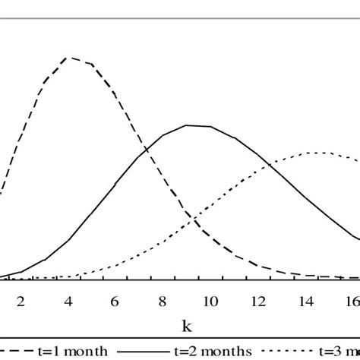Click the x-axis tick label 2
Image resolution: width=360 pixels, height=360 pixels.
(21, 299)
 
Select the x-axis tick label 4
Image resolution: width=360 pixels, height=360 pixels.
(68, 299)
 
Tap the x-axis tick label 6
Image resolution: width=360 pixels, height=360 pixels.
(115, 299)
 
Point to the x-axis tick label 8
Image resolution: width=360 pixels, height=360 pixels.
(163, 299)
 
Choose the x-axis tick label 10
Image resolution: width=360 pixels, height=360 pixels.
(210, 299)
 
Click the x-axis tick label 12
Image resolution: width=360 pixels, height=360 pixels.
(257, 299)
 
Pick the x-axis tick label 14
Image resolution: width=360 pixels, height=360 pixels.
(304, 299)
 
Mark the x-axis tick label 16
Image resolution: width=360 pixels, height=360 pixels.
(351, 299)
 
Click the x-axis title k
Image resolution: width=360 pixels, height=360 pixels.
(186, 327)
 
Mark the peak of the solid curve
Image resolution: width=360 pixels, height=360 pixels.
(188, 125)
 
